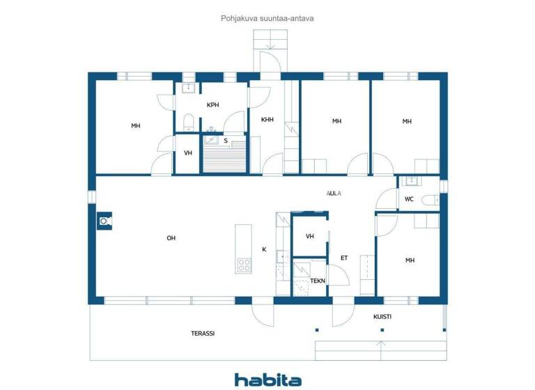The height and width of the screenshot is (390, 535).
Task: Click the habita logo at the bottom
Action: pyautogui.click(x=267, y=380)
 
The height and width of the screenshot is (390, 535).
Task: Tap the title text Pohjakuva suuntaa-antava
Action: pyautogui.click(x=267, y=19)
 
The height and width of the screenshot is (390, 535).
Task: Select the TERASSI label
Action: pyautogui.click(x=203, y=334)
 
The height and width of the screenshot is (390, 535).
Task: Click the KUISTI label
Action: pyautogui.click(x=382, y=317)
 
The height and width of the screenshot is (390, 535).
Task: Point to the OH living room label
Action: pyautogui.click(x=171, y=238)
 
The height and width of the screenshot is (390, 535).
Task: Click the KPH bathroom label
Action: pyautogui.click(x=212, y=105)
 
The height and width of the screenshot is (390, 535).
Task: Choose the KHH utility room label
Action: pyautogui.click(x=267, y=120)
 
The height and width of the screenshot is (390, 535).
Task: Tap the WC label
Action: pyautogui.click(x=410, y=199)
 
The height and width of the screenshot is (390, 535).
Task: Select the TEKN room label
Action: pyautogui.click(x=318, y=281)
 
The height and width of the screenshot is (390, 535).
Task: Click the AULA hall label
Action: pyautogui.click(x=334, y=194)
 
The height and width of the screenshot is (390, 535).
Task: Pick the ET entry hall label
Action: pyautogui.click(x=343, y=258)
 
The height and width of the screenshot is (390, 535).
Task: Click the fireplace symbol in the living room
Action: pyautogui.click(x=104, y=221)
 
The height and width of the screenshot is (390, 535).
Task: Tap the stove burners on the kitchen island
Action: pyautogui.click(x=244, y=264)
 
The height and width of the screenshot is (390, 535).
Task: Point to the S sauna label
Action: pyautogui.click(x=226, y=141)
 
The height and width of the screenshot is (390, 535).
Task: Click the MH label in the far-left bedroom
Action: pyautogui.click(x=135, y=126)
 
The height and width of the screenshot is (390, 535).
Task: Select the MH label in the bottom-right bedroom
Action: pyautogui.click(x=410, y=260)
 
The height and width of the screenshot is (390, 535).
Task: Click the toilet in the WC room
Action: pyautogui.click(x=429, y=200)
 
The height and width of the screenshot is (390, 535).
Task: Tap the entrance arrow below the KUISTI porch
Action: pyautogui.click(x=380, y=343)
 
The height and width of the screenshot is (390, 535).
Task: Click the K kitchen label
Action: pyautogui.click(x=264, y=249)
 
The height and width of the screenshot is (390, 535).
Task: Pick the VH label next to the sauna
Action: pyautogui.click(x=188, y=153)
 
